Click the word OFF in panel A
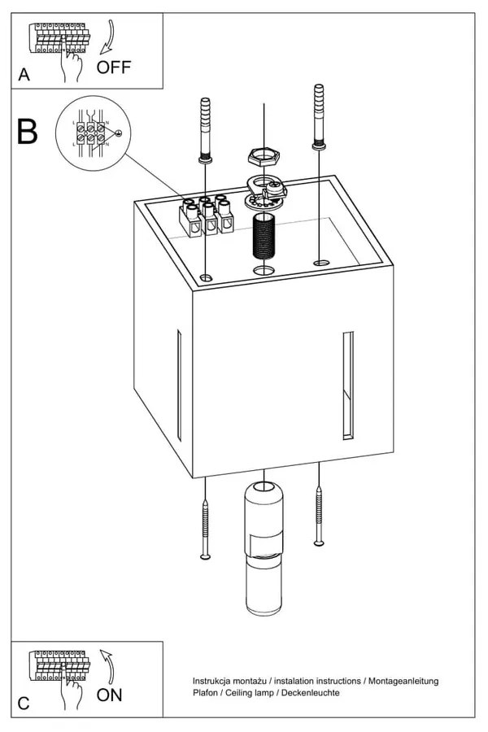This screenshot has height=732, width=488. pyautogui.click(x=113, y=67)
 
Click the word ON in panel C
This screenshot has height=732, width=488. pyautogui.click(x=110, y=695)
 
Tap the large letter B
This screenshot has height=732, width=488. pyautogui.click(x=28, y=132)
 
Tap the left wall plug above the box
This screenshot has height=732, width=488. pyautogui.click(x=204, y=130)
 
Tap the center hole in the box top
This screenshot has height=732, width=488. pyautogui.click(x=264, y=269)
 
